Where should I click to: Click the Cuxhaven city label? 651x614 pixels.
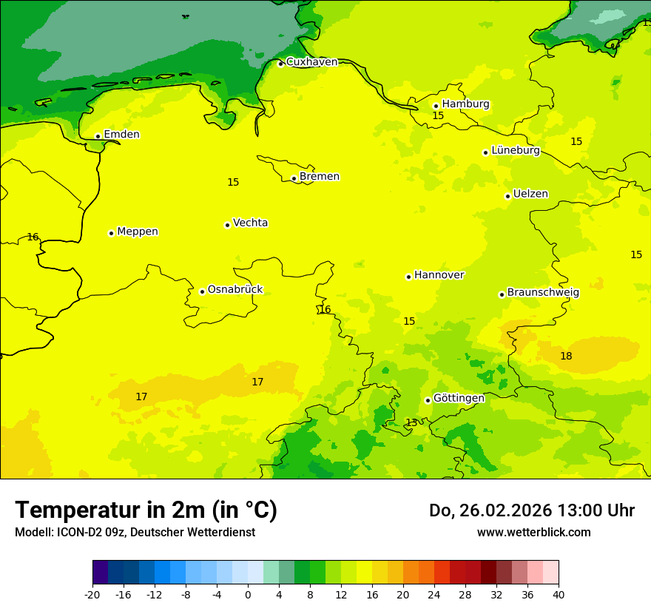point(311,62)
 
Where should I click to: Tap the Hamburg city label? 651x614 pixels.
point(465,104)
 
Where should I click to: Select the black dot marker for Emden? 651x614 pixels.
point(98,136)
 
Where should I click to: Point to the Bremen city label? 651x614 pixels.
point(319,177)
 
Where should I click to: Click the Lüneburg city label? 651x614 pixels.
point(515,151)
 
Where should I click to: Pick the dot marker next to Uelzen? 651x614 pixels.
point(508,196)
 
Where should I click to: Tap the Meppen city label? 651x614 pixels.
point(137,232)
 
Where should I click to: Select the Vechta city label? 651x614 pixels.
point(250,223)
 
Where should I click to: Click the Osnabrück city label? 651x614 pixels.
point(235,290)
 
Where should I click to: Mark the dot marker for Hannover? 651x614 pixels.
point(408,277)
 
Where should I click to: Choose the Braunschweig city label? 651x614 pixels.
point(542,293)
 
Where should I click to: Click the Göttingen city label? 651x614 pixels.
point(459,399)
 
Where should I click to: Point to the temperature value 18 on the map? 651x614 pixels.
point(566,357)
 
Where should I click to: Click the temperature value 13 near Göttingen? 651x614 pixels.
point(411,422)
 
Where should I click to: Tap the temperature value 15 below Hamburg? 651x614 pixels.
point(438,116)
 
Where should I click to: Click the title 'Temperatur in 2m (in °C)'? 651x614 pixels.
point(146,510)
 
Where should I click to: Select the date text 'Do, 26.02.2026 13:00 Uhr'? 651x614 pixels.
point(531,511)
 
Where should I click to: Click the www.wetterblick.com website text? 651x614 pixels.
point(533,533)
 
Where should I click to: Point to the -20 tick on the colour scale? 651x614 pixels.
point(92,595)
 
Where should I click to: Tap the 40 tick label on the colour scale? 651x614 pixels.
point(558,595)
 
